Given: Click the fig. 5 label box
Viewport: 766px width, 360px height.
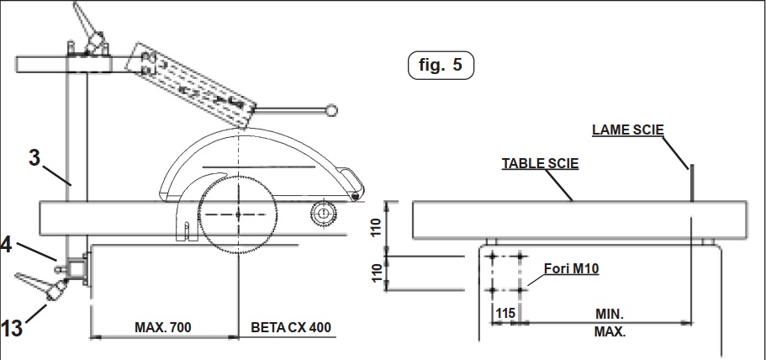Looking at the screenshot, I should (x=440, y=66).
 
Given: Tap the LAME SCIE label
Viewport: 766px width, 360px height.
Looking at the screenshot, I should (x=628, y=130).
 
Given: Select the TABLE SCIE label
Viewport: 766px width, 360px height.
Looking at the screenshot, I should (x=540, y=163).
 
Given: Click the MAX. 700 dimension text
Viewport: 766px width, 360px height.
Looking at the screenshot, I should (x=163, y=326).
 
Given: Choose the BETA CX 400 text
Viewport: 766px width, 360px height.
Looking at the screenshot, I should (x=292, y=326).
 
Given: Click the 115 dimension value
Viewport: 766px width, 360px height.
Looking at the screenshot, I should (x=505, y=313).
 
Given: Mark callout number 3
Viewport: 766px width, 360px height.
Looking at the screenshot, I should (x=34, y=158).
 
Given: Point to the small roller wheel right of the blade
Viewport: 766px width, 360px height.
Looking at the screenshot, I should (x=320, y=214).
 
